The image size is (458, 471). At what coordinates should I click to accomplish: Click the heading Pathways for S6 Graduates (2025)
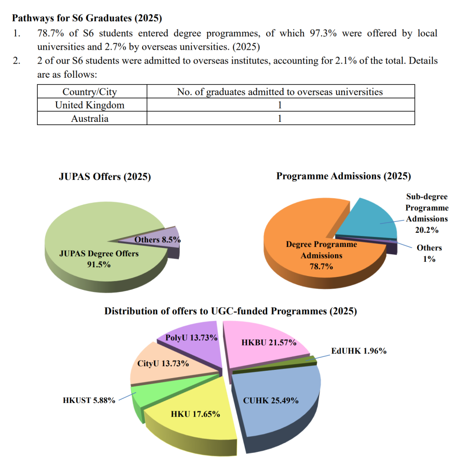click(87, 18)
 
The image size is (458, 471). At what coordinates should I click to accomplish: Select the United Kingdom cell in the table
click(90, 105)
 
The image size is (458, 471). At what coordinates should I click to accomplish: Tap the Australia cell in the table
click(90, 118)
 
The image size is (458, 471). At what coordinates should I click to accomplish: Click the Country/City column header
click(90, 92)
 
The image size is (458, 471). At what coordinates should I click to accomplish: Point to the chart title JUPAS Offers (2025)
click(105, 177)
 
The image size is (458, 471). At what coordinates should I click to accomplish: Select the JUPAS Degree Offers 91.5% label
click(99, 258)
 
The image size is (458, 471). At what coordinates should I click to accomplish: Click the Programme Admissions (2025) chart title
click(343, 176)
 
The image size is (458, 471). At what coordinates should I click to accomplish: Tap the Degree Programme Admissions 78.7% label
click(321, 255)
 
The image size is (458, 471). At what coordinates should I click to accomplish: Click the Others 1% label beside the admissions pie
click(429, 253)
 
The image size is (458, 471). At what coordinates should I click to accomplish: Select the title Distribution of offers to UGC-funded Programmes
click(230, 311)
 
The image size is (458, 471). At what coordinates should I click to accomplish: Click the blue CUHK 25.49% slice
click(276, 405)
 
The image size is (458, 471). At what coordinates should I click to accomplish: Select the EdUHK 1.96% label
click(359, 351)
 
